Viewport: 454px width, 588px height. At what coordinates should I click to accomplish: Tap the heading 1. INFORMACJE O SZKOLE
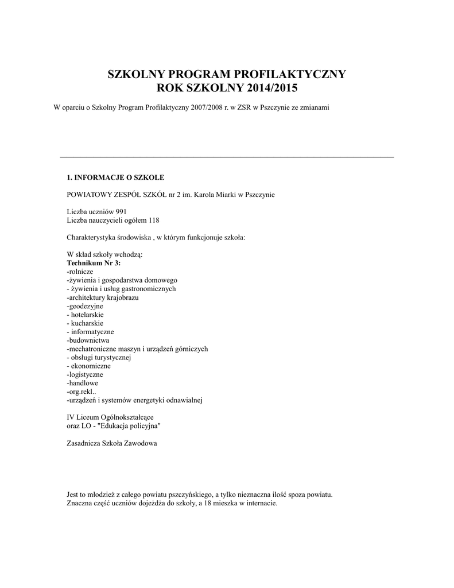pyautogui.click(x=115, y=177)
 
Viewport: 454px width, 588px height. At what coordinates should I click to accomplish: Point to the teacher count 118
pyautogui.click(x=153, y=220)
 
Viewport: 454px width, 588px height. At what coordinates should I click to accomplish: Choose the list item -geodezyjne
pyautogui.click(x=85, y=305)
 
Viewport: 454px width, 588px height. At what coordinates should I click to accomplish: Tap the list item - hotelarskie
pyautogui.click(x=86, y=314)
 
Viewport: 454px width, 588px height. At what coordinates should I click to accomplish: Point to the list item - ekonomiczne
pyautogui.click(x=89, y=366)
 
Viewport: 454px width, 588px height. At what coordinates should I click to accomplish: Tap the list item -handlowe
pyautogui.click(x=83, y=383)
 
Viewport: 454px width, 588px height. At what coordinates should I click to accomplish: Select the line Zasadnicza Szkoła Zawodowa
pyautogui.click(x=112, y=443)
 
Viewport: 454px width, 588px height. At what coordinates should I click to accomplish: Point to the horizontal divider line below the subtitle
pyautogui.click(x=227, y=157)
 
